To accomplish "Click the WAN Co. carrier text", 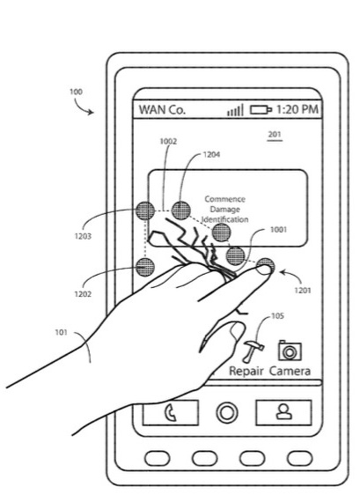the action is pyautogui.click(x=162, y=110).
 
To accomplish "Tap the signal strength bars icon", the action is pyautogui.click(x=235, y=110).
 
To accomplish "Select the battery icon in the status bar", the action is pyautogui.click(x=261, y=109).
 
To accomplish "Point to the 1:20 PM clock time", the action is pyautogui.click(x=298, y=109).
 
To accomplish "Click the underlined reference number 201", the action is pyautogui.click(x=275, y=135).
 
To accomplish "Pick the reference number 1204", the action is pyautogui.click(x=211, y=154).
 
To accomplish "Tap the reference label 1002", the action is pyautogui.click(x=168, y=141).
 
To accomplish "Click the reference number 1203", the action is pyautogui.click(x=83, y=236).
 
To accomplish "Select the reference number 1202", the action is pyautogui.click(x=83, y=294).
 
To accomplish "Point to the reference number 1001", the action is pyautogui.click(x=279, y=229).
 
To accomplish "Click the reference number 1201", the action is pyautogui.click(x=303, y=290).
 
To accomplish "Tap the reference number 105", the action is pyautogui.click(x=277, y=316).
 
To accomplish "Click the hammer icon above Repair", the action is pyautogui.click(x=253, y=351).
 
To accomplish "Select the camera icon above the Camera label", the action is pyautogui.click(x=290, y=351).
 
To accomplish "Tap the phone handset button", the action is pyautogui.click(x=171, y=412).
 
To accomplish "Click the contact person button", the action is pyautogui.click(x=283, y=412).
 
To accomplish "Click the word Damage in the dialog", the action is pyautogui.click(x=225, y=210).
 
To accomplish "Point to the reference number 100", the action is pyautogui.click(x=76, y=92).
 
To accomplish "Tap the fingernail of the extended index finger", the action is pyautogui.click(x=263, y=270).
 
